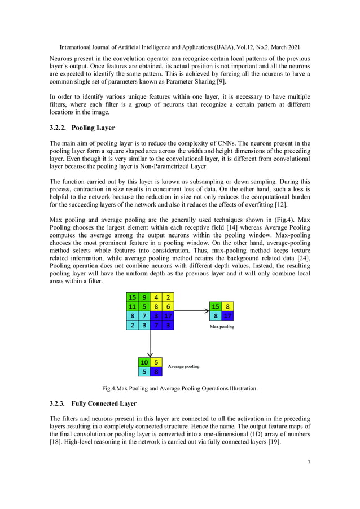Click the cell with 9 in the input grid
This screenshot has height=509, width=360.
(145, 297)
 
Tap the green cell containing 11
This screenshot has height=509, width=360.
(133, 306)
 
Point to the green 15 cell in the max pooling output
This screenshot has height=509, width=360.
(216, 306)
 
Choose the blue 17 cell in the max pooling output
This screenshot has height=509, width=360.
(227, 316)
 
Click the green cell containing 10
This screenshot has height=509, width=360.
(144, 362)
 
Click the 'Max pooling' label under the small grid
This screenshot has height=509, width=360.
(222, 326)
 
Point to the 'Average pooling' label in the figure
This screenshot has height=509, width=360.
(183, 366)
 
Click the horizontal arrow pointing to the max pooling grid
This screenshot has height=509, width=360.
(192, 310)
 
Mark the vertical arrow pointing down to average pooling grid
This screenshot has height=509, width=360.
(151, 341)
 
